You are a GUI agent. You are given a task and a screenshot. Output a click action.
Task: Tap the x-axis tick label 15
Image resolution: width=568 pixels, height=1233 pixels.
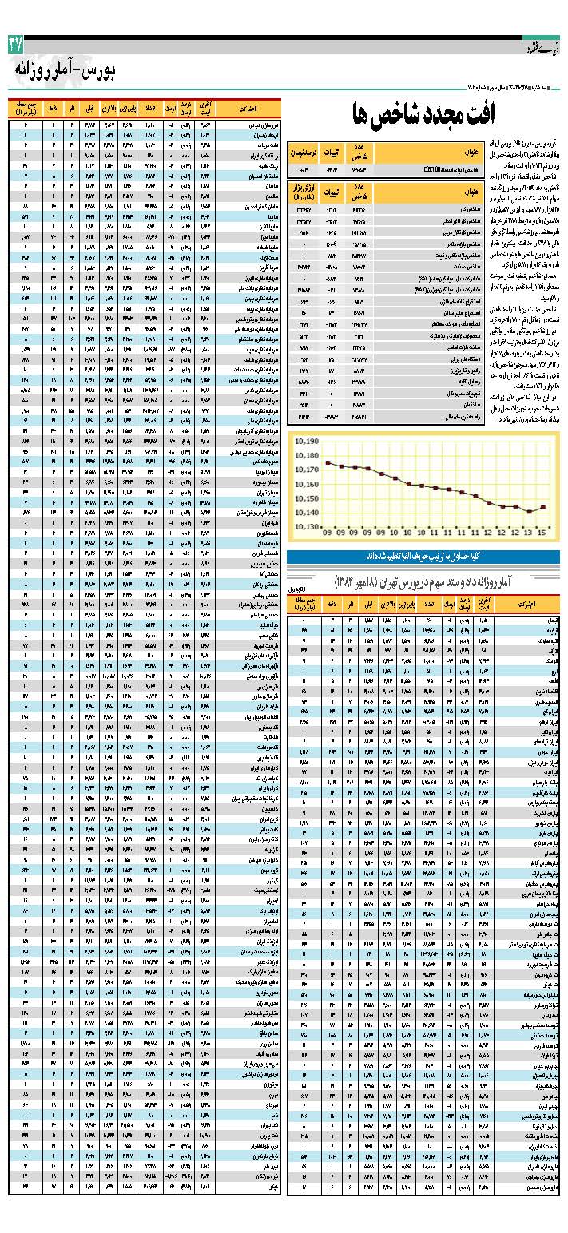coord(543,533)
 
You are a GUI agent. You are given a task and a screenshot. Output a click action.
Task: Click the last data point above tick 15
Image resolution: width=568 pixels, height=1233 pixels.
coord(543,507)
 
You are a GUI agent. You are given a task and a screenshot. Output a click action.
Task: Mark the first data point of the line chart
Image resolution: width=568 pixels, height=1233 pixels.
coord(328,462)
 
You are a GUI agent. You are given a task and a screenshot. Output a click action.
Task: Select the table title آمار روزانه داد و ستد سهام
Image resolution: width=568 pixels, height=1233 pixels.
coord(420,578)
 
